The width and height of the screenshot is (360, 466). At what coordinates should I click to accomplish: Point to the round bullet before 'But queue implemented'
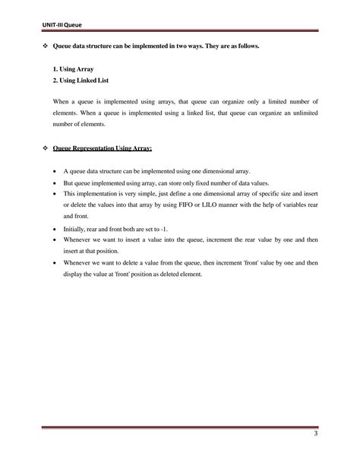[55, 183]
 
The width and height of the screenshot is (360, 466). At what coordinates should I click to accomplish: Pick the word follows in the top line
[247, 47]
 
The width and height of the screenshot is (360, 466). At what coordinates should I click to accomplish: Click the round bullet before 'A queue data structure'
[55, 173]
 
